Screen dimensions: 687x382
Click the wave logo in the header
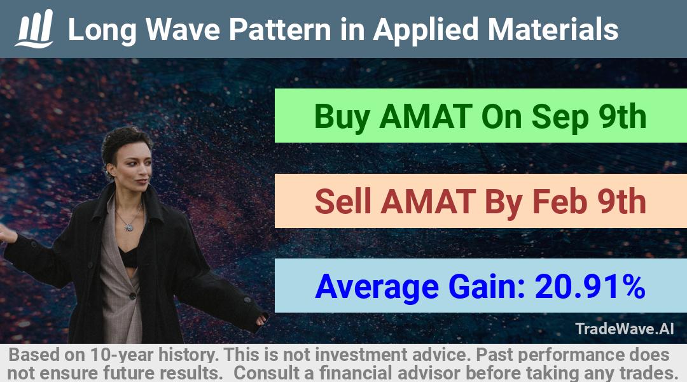tap(34, 29)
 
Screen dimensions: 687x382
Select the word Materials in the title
tap(553, 30)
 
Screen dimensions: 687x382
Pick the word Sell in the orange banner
tap(343, 201)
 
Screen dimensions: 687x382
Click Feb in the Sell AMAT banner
tap(560, 201)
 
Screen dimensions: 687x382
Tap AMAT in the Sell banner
tap(428, 201)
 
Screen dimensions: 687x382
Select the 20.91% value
tap(590, 286)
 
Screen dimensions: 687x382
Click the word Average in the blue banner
tap(377, 287)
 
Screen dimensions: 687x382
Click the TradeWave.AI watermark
tap(625, 329)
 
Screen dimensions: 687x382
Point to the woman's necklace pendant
tap(128, 227)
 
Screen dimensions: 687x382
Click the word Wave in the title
tap(183, 30)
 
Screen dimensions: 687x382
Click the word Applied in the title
tap(426, 31)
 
